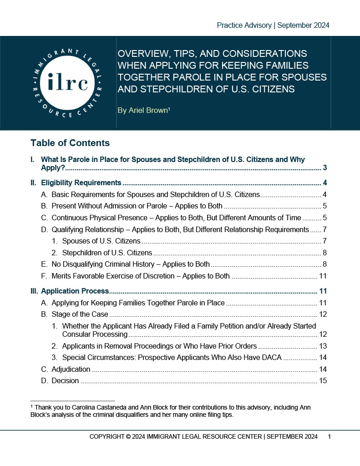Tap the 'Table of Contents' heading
point(70,143)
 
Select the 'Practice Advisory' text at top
point(244,25)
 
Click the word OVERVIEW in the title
point(142,54)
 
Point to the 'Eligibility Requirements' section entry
point(81,183)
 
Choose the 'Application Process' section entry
point(75,291)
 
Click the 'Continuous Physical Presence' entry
point(99,218)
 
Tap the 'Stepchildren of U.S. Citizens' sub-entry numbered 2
point(106,253)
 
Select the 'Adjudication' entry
point(71,369)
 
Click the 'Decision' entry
point(65,380)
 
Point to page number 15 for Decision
point(323,380)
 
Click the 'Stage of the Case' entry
point(80,314)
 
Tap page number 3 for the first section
point(325,168)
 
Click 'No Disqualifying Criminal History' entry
point(131,264)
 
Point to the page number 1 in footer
point(329,437)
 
